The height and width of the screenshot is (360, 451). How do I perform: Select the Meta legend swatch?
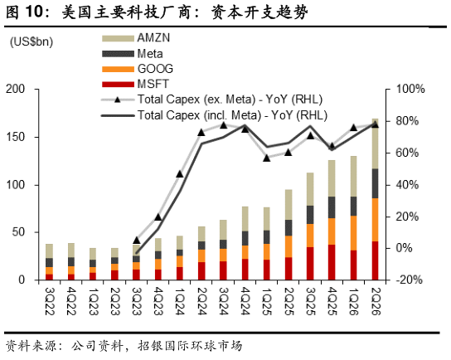118,54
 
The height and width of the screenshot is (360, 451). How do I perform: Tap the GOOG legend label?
155,69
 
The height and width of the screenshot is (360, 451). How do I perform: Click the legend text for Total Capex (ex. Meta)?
230,100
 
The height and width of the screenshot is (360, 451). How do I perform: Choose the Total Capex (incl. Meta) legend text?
232,115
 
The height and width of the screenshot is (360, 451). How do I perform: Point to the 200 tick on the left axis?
16,89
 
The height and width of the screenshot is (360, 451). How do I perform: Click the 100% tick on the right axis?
410,89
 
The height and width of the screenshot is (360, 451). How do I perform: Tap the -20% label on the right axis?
409,280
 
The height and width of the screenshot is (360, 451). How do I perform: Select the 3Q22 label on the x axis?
50,301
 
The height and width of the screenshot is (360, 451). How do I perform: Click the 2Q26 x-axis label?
376,301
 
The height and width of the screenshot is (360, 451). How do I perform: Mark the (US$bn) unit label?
32,42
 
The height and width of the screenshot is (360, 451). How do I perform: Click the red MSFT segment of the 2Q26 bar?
375,260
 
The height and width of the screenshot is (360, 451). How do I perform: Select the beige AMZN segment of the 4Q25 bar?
332,178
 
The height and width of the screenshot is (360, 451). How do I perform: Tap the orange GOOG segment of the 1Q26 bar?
353,233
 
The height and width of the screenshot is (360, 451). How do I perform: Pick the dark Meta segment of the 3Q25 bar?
310,215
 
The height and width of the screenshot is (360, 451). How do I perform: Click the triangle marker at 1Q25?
267,158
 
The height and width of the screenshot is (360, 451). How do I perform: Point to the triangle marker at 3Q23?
137,241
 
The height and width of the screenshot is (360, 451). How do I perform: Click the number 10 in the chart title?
35,12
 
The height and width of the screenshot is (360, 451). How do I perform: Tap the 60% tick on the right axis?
407,153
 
